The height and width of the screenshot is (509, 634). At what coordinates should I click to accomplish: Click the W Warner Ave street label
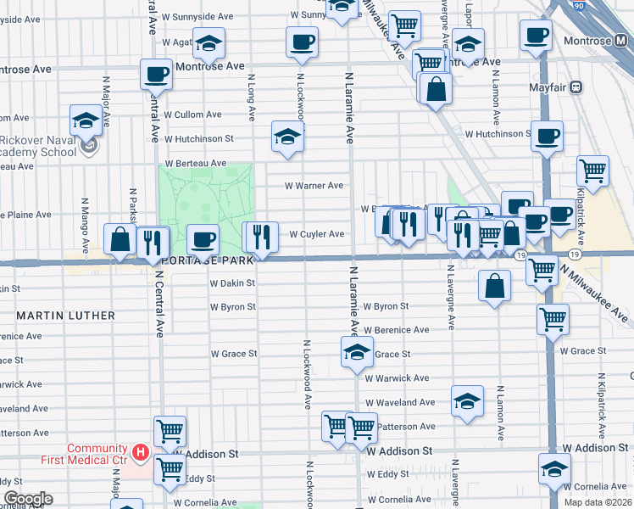point(314,185)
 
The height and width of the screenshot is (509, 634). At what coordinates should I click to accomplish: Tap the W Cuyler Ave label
point(317,234)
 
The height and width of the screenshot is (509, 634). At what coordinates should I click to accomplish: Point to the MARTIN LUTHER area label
point(65,316)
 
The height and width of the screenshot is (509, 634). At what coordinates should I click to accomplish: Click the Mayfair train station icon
point(577,87)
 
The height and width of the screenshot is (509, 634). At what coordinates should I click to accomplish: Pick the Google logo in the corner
point(28,498)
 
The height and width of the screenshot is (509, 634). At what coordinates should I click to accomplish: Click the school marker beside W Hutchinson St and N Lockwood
point(288,137)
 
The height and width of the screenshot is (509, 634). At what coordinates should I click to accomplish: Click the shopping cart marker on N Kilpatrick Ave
point(593,171)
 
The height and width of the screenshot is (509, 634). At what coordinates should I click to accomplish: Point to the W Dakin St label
point(232,283)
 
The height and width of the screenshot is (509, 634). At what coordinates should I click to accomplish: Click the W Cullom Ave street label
point(192,115)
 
